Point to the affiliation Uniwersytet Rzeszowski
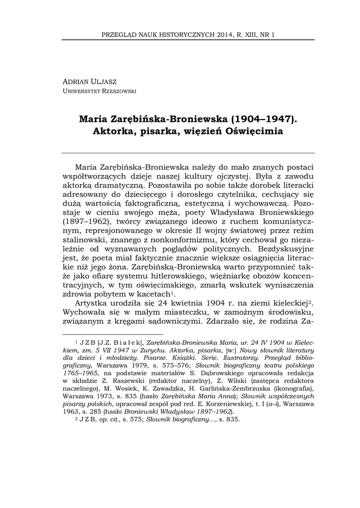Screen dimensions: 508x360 click(x=99, y=91)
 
